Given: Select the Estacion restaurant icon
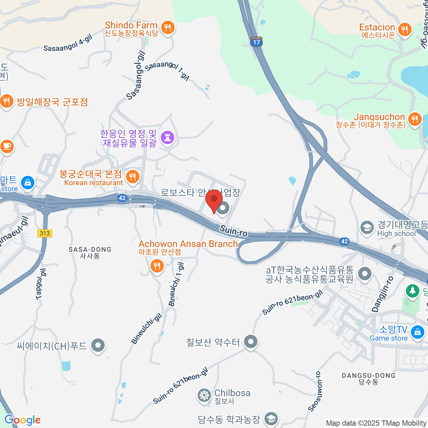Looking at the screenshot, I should [404, 30].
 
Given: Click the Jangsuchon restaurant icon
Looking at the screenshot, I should [414, 119].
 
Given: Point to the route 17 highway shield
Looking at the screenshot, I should [256, 41].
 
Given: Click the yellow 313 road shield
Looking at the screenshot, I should [45, 233].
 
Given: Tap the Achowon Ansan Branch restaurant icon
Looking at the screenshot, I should [157, 266].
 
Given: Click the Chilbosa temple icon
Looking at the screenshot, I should [204, 395].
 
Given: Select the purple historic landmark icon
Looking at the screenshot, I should [167, 137].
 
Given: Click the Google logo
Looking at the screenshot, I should [22, 420].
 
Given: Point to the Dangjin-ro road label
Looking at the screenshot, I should [383, 294].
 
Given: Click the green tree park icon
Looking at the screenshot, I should [413, 290].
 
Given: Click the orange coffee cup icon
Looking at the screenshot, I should [7, 147].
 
